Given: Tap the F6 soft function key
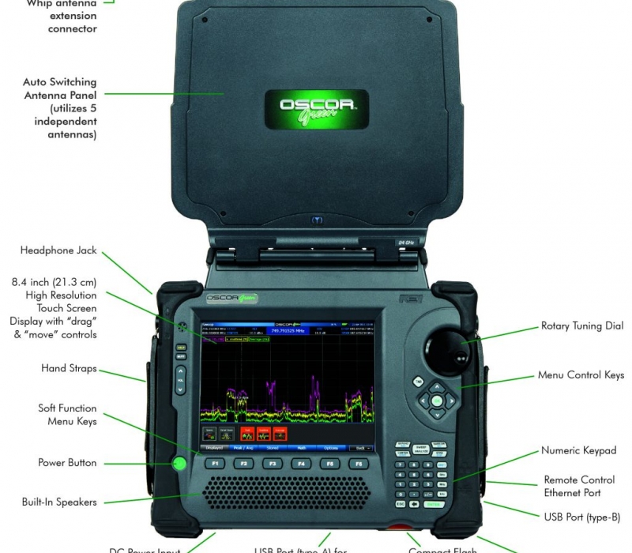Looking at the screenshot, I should pyautogui.click(x=359, y=464).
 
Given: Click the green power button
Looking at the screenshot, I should pyautogui.click(x=179, y=463).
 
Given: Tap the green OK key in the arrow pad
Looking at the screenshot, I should pyautogui.click(x=436, y=401).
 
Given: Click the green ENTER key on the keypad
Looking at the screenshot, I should pyautogui.click(x=433, y=503).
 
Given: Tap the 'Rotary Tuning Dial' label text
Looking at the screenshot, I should pyautogui.click(x=582, y=325).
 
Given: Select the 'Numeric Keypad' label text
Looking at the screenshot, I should pyautogui.click(x=578, y=450).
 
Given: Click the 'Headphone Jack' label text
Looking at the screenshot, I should pyautogui.click(x=58, y=250).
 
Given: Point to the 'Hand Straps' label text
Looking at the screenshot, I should pyautogui.click(x=69, y=368).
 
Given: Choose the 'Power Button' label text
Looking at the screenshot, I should pyautogui.click(x=67, y=462).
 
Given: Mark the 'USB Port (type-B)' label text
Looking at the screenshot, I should pyautogui.click(x=582, y=517).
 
